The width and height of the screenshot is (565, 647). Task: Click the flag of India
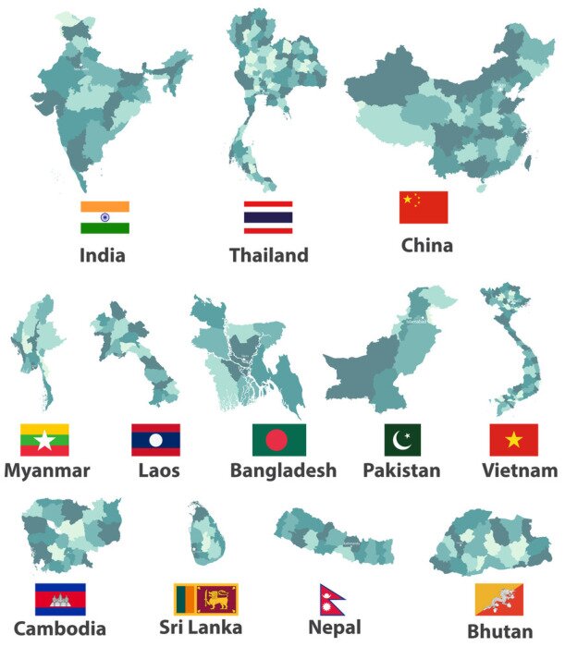point(104,217)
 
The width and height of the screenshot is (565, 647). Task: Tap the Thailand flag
point(267,217)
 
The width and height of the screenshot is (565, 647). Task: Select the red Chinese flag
point(423,207)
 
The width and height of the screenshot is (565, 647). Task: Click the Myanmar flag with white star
point(43,440)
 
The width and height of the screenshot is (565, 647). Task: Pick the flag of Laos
point(155,440)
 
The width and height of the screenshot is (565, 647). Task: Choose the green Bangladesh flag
point(278,440)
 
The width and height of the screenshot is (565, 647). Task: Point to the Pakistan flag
point(402,440)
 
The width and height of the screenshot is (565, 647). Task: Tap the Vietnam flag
point(513,440)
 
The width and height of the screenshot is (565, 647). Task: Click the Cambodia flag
point(60,599)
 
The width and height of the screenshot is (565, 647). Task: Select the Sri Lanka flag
point(205,599)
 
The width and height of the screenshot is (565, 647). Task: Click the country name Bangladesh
point(282,470)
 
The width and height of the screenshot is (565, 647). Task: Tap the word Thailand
point(268,255)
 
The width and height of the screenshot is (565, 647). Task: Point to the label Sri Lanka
point(207,629)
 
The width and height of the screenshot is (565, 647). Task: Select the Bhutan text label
point(499,632)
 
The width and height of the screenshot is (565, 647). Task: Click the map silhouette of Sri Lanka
point(205,536)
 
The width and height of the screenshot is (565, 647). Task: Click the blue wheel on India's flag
point(104,217)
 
